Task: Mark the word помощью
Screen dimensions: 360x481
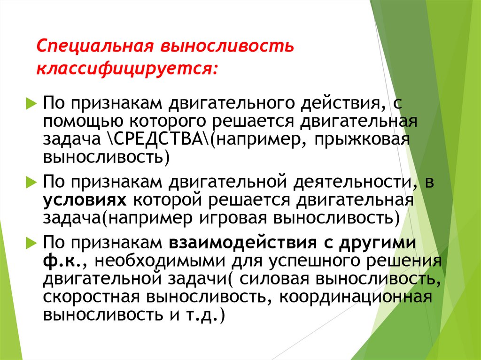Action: point(78,123)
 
